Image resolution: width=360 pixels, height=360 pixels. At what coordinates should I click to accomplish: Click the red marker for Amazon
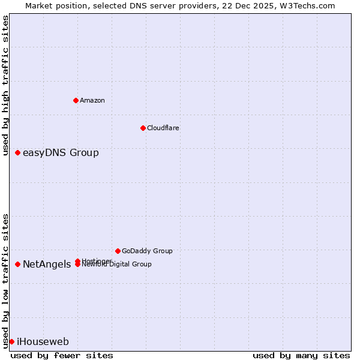click(x=76, y=100)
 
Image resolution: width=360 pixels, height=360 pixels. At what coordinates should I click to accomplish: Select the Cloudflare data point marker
click(x=143, y=128)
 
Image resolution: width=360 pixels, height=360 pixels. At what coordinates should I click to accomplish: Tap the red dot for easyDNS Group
click(x=18, y=152)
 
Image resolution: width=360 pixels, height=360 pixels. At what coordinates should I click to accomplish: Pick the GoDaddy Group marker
click(x=118, y=251)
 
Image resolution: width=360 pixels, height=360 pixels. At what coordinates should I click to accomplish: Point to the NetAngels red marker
click(x=18, y=264)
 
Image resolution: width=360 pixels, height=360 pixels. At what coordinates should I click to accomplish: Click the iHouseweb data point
click(x=11, y=341)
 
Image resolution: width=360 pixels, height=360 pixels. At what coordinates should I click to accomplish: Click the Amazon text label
click(x=92, y=100)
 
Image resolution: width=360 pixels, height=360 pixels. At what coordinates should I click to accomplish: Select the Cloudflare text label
click(x=163, y=128)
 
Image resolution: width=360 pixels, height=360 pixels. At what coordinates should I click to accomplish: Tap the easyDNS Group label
click(x=61, y=152)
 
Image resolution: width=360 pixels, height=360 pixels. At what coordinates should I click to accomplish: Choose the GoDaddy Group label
click(x=147, y=251)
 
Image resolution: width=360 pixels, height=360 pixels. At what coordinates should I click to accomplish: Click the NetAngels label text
click(x=47, y=264)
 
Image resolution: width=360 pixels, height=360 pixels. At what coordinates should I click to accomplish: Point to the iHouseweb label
click(x=43, y=342)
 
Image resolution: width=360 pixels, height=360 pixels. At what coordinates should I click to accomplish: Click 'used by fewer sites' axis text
click(x=62, y=355)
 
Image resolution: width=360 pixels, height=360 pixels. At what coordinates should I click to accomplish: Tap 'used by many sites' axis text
click(x=301, y=355)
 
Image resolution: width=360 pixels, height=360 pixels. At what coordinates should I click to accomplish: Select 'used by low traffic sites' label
click(x=6, y=280)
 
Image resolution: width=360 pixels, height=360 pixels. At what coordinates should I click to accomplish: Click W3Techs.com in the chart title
click(x=308, y=5)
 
